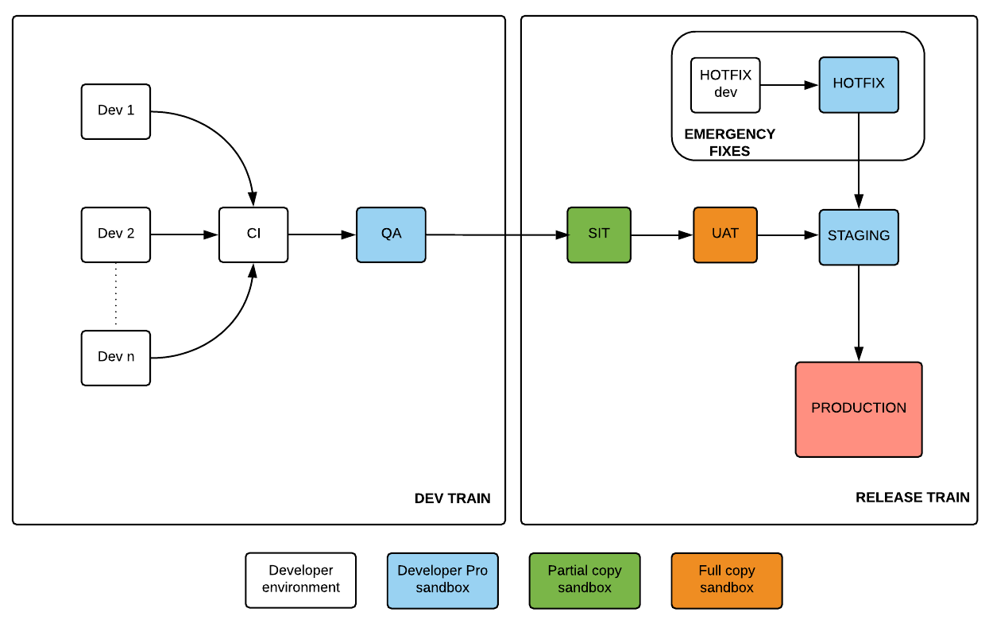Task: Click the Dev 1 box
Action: click(x=116, y=111)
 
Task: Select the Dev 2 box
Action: click(x=116, y=234)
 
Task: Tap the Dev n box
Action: click(x=116, y=358)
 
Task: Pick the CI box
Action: click(x=253, y=234)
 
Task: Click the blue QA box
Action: click(x=391, y=234)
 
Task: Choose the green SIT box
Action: click(x=599, y=234)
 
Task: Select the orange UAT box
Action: click(x=725, y=234)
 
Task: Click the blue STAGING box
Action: click(x=859, y=237)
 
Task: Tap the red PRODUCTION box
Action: click(x=859, y=409)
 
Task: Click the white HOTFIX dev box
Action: click(x=725, y=84)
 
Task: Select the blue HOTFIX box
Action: click(x=859, y=84)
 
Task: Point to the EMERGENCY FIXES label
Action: click(x=729, y=142)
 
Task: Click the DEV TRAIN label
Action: click(x=452, y=498)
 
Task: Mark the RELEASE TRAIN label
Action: click(x=912, y=498)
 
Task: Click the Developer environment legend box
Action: click(x=301, y=579)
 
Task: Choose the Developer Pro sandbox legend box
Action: click(x=442, y=579)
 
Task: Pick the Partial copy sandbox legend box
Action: click(x=585, y=579)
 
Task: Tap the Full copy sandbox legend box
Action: click(x=727, y=579)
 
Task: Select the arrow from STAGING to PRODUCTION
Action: click(x=859, y=313)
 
